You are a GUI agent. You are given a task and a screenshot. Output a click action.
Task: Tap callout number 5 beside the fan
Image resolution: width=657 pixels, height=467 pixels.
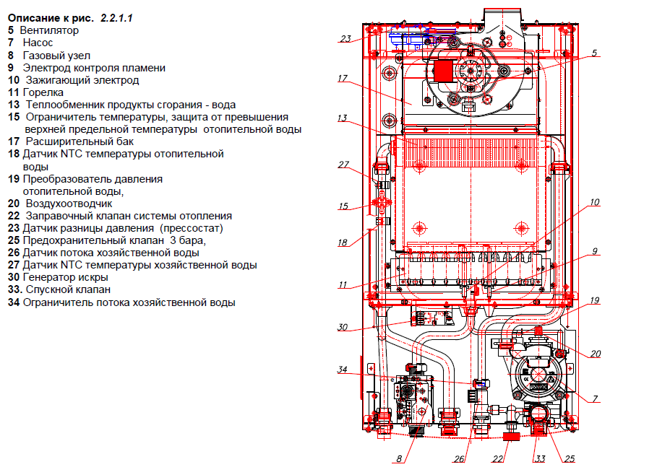[x=593, y=53]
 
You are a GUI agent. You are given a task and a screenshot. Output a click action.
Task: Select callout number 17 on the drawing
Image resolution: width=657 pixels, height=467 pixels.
[x=342, y=78]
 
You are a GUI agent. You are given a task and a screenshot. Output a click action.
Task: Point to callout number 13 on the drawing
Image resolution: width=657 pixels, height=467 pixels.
[x=342, y=118]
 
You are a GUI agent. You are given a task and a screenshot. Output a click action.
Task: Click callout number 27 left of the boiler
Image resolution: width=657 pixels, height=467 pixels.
[x=343, y=164]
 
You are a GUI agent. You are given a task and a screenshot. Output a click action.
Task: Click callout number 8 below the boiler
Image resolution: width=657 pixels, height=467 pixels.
[x=398, y=458]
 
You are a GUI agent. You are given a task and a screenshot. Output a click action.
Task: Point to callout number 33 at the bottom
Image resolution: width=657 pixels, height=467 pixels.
[x=540, y=458]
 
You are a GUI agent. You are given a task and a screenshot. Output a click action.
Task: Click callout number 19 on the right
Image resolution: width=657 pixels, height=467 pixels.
[x=594, y=300]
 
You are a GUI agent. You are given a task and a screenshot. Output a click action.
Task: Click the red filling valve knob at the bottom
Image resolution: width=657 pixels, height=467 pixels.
[x=512, y=435]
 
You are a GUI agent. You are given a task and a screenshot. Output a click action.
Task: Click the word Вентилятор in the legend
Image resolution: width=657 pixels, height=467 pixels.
[x=50, y=30]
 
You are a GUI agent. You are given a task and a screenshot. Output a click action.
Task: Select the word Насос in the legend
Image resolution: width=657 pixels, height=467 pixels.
[x=38, y=43]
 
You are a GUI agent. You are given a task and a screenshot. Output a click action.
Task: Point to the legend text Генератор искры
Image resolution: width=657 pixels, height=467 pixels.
[x=65, y=277]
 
